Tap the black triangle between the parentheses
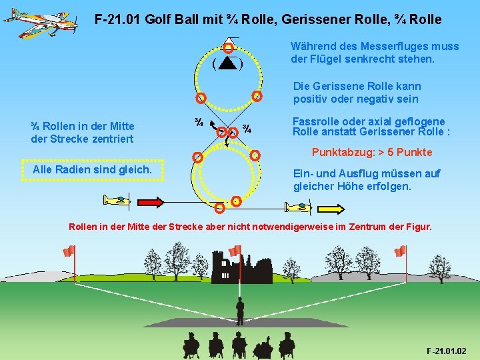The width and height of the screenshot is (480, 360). [227, 64]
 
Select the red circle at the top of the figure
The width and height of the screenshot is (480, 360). [228, 47]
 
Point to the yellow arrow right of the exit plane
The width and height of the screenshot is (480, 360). [333, 209]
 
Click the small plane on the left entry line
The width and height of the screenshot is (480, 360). [117, 200]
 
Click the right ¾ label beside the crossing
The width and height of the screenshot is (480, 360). [247, 129]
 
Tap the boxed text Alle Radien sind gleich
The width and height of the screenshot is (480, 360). [92, 169]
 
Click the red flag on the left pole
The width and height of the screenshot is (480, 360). [69, 251]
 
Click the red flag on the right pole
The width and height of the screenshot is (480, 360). [400, 251]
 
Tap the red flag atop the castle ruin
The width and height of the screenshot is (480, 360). [234, 251]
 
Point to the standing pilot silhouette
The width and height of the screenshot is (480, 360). [239, 311]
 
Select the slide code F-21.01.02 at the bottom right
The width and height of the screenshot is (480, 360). [446, 351]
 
